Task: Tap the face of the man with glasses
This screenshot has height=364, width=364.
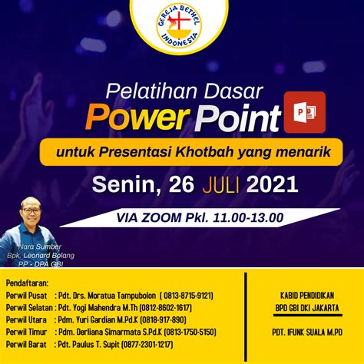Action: coord(31,209)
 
